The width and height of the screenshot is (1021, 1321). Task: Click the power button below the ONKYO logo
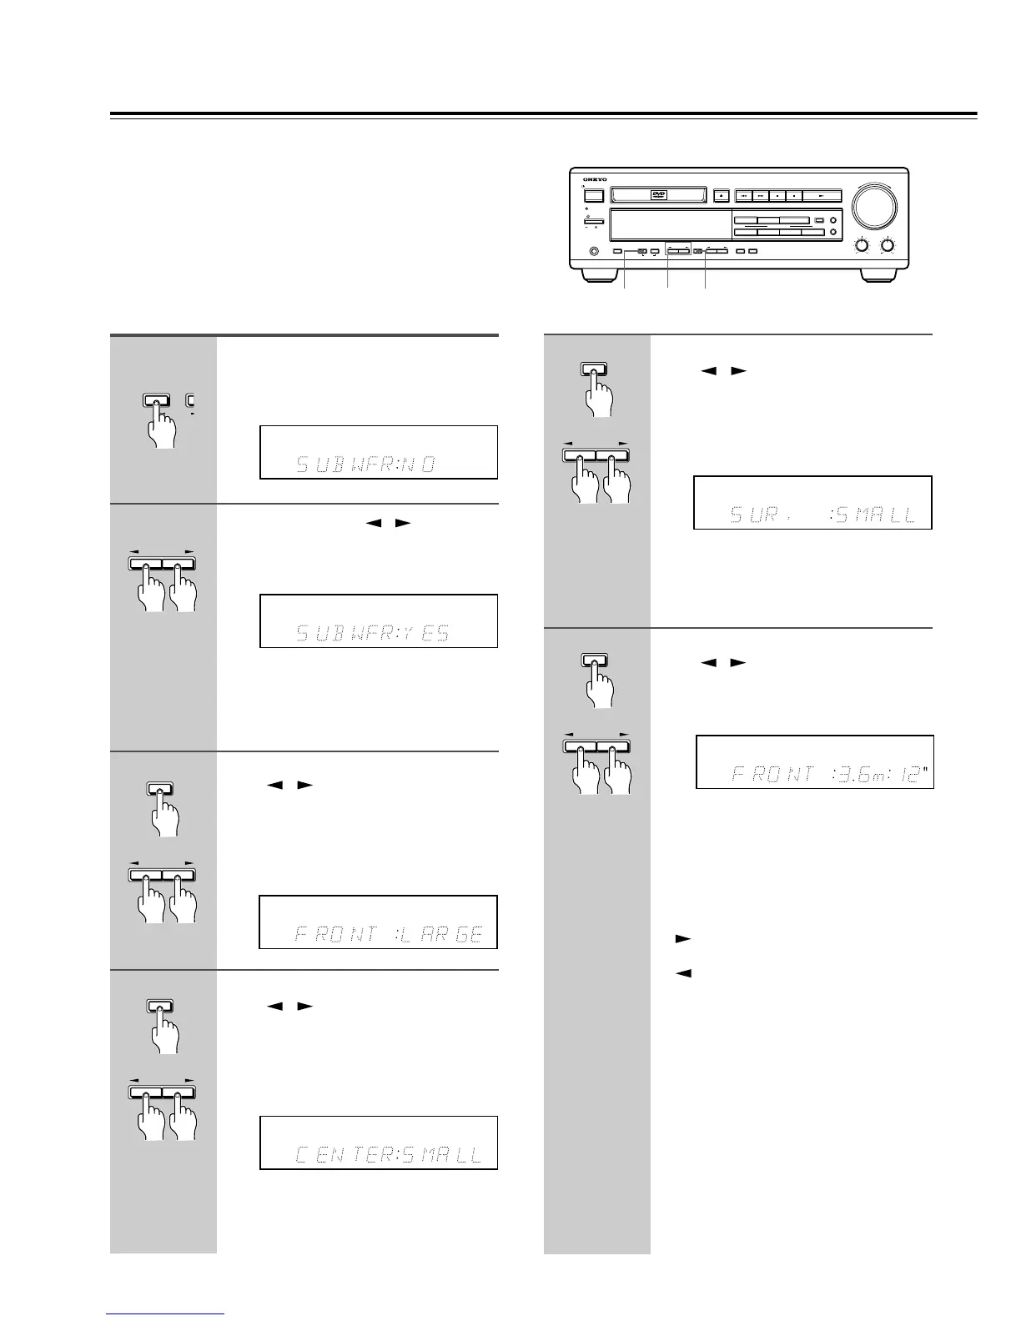pyautogui.click(x=593, y=196)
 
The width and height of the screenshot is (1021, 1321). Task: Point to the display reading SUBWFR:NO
pyautogui.click(x=379, y=452)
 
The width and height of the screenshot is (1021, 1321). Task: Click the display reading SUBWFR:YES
pyautogui.click(x=379, y=621)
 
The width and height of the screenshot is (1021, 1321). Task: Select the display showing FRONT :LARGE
pyautogui.click(x=379, y=922)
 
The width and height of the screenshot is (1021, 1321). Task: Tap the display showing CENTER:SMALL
pyautogui.click(x=379, y=1143)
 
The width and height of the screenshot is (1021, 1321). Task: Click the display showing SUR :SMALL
pyautogui.click(x=812, y=503)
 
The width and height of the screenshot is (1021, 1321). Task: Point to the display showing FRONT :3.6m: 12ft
pyautogui.click(x=814, y=762)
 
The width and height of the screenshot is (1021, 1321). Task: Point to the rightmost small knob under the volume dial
pyautogui.click(x=889, y=246)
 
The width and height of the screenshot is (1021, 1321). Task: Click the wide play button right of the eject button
pyautogui.click(x=824, y=196)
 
